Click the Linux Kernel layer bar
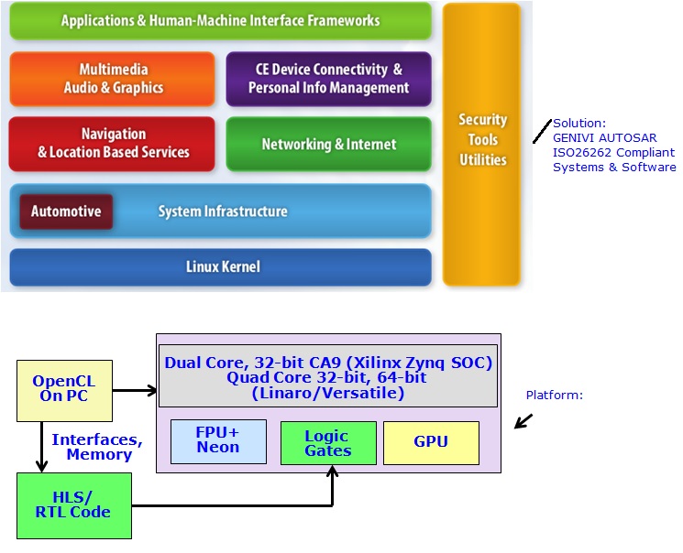[220, 267]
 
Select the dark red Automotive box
[66, 211]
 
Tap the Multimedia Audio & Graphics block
[113, 79]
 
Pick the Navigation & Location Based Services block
[113, 144]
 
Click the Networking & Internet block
[328, 144]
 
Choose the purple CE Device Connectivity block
[328, 79]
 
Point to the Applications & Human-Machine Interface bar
[220, 20]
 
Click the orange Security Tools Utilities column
[482, 145]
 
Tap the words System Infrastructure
[223, 211]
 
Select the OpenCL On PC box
[64, 389]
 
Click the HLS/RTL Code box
[73, 504]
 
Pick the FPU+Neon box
[217, 441]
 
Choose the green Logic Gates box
[327, 444]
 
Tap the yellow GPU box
[430, 442]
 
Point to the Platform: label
[554, 396]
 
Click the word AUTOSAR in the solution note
[633, 138]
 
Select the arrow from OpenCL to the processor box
[135, 391]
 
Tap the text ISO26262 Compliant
[613, 153]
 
